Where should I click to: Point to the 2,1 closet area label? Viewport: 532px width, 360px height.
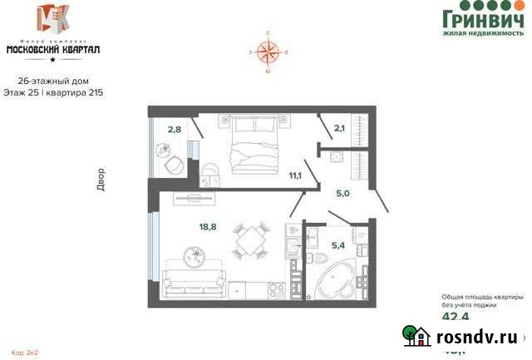point(339,128)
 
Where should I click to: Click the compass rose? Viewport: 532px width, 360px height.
point(268,54)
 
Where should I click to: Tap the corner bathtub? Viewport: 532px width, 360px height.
point(335,280)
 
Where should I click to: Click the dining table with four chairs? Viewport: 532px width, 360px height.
point(247,240)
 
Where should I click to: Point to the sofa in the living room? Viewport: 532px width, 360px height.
point(194,280)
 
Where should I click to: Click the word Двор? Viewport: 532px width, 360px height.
point(101,180)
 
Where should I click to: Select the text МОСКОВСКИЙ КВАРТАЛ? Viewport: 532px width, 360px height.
point(53,49)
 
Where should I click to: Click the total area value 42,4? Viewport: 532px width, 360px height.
point(455,317)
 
